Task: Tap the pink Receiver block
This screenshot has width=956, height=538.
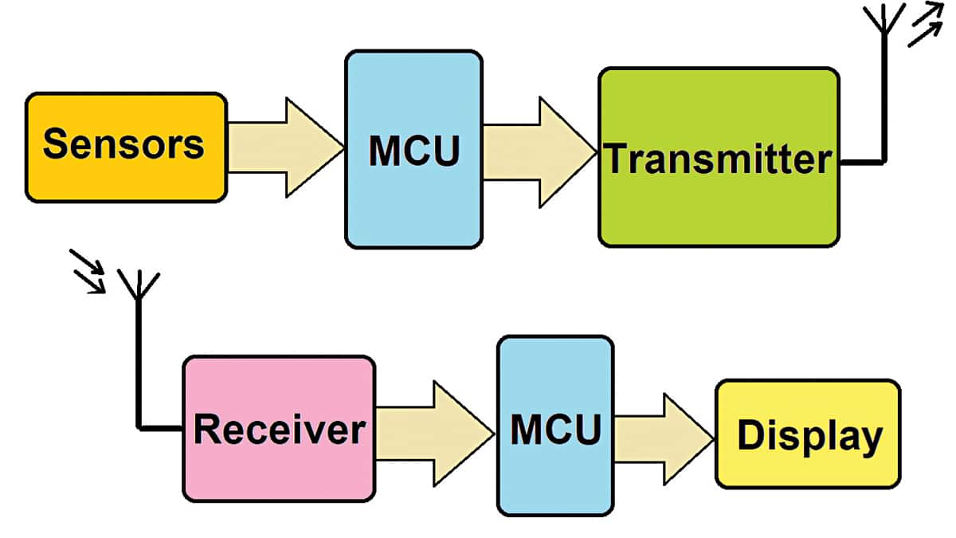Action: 279,470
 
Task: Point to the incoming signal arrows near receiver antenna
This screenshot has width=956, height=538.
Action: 88,271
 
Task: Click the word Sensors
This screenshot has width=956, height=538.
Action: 123,144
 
